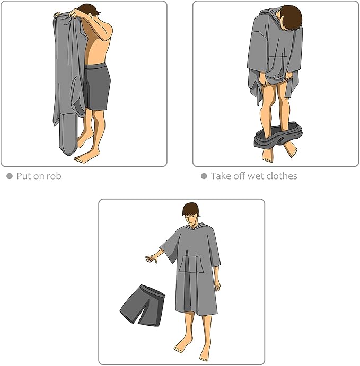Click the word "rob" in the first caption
[x=54, y=176]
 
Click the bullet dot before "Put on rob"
[x=10, y=176]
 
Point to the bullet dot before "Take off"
[x=204, y=176]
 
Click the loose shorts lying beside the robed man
[x=143, y=305]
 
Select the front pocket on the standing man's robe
[x=191, y=264]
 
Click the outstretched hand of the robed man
[x=152, y=258]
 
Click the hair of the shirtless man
[x=90, y=10]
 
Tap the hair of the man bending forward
[x=292, y=17]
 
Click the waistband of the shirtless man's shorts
[x=95, y=66]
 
